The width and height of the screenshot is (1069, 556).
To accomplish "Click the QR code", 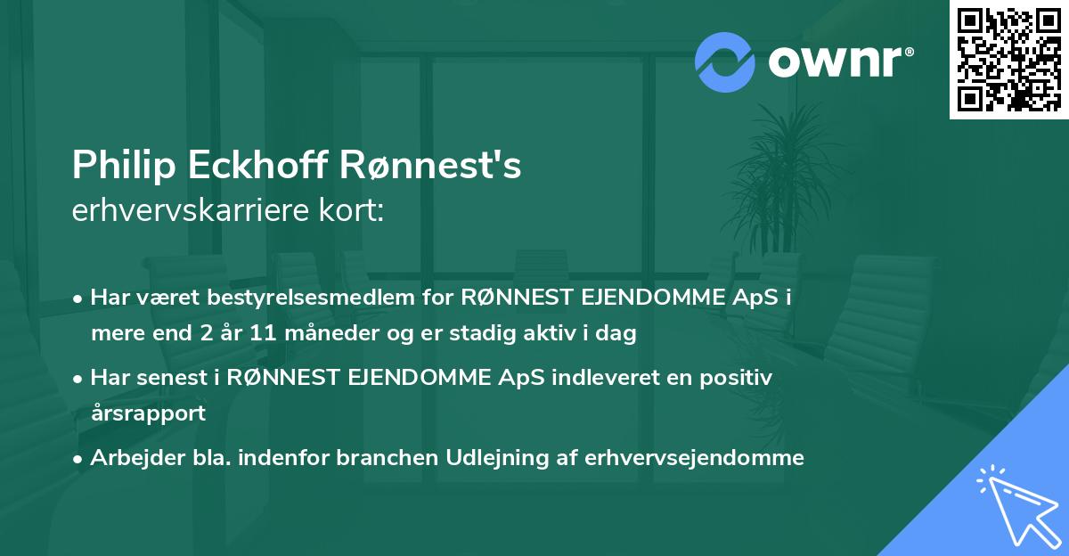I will coord(1008,59).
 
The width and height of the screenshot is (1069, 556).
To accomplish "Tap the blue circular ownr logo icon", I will coord(726,61).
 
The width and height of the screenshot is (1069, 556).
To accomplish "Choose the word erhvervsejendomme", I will coord(694,458).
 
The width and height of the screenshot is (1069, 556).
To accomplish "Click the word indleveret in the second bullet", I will coord(592,377).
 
